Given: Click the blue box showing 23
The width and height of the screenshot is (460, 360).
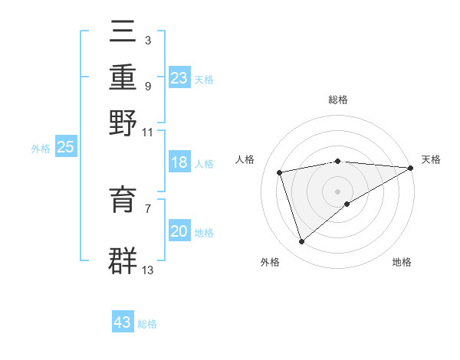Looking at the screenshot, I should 179,78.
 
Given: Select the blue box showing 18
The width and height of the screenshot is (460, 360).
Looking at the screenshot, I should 179,162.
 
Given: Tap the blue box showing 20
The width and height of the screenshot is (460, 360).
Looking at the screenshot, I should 179,231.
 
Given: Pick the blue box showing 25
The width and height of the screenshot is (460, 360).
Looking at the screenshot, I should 65,148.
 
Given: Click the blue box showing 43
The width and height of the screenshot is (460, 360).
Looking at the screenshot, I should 123,322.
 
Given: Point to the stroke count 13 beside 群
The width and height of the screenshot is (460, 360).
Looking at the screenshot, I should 148,270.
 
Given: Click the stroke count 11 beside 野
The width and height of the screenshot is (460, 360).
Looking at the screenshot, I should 148,131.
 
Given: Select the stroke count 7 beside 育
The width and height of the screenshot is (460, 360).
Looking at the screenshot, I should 148,208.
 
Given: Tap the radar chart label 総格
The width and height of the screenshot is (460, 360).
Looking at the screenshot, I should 338,100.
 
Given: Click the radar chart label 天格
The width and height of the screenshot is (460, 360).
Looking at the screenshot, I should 431,159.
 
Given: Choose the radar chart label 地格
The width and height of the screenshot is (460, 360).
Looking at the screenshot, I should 402,263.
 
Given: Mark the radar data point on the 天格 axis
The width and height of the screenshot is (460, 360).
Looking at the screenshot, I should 411,168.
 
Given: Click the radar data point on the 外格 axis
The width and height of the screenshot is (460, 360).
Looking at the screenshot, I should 302,241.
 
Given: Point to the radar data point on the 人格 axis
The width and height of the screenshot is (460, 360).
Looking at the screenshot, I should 280,172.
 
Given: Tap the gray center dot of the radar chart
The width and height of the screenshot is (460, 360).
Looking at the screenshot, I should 338,191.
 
